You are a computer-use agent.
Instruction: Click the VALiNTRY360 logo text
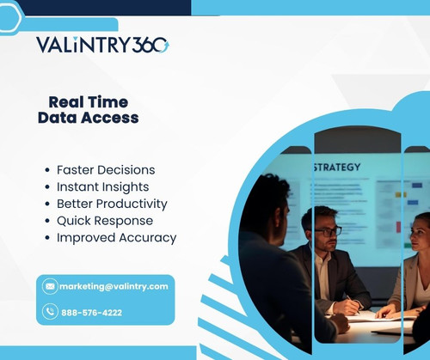click(x=102, y=46)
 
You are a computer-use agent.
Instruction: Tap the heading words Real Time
click(x=88, y=101)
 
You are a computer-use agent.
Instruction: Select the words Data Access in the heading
click(x=88, y=119)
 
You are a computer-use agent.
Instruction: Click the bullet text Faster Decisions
click(x=106, y=170)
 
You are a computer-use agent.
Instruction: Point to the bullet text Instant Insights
click(x=102, y=186)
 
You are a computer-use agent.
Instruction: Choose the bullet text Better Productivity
click(x=112, y=204)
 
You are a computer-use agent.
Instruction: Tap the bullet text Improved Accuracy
click(x=116, y=237)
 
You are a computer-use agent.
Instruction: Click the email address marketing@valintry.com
click(x=114, y=286)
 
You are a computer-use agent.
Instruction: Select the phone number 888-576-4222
click(x=91, y=312)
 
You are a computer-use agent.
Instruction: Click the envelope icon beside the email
click(x=50, y=286)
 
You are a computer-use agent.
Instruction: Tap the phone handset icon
click(x=50, y=312)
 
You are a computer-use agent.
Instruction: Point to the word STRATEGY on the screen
click(x=338, y=167)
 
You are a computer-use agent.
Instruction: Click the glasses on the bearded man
click(x=328, y=230)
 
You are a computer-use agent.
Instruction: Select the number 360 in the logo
click(x=152, y=46)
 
